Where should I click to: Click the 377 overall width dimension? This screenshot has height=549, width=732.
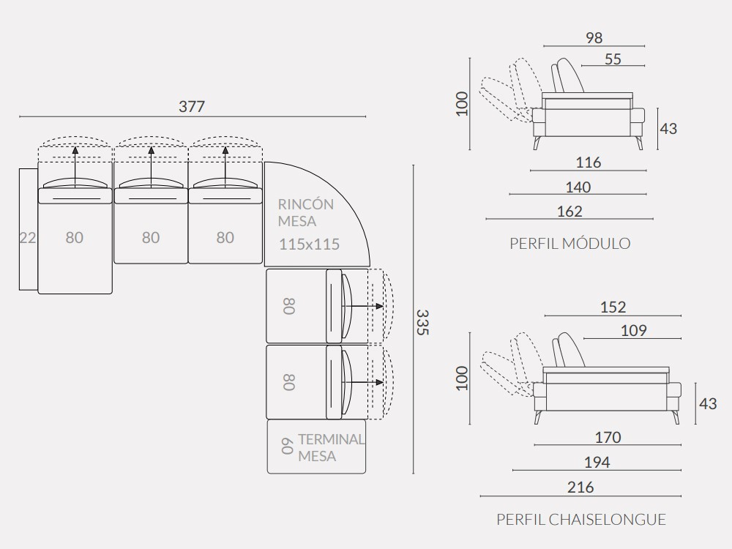[x=192, y=106]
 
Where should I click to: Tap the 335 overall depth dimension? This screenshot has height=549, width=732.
[x=422, y=322]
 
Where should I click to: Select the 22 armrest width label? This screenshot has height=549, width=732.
[x=28, y=238]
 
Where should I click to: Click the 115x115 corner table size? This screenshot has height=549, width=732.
[x=309, y=244]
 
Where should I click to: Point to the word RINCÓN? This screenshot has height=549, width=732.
[x=306, y=204]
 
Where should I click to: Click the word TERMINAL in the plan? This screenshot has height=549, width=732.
[x=331, y=439]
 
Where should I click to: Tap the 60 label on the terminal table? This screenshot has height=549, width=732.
[x=288, y=447]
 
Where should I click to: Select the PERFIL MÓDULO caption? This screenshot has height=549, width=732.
[x=570, y=243]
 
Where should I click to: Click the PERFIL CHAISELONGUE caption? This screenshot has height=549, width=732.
[x=581, y=519]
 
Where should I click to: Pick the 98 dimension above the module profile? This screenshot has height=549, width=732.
[x=594, y=38]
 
